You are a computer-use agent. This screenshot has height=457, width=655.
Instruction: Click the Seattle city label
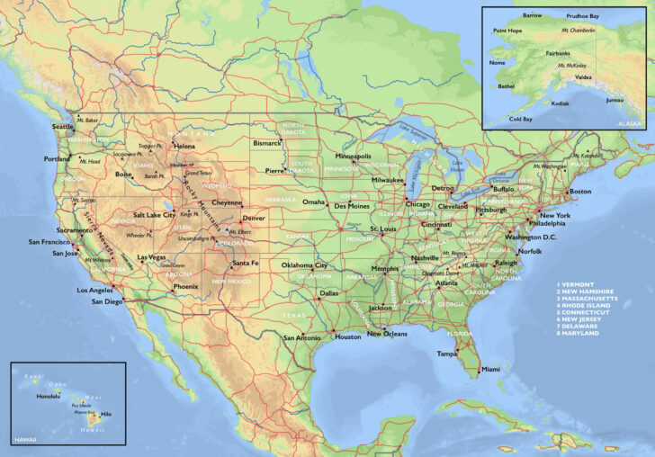(x=63, y=127)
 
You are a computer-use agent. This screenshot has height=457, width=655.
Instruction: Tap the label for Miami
(x=490, y=369)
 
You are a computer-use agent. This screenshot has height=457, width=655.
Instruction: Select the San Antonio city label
(x=302, y=337)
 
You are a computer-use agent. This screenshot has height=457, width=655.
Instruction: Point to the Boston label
(x=580, y=191)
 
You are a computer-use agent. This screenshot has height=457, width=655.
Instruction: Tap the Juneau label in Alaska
(x=615, y=100)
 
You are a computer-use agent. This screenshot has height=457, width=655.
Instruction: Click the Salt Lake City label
(x=155, y=215)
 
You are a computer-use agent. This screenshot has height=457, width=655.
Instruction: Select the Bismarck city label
(x=267, y=142)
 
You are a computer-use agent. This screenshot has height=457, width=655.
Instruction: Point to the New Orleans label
(x=387, y=334)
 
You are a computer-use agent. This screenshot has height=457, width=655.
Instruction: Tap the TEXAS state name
(x=294, y=316)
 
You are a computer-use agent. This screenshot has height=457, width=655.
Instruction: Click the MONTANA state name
(x=192, y=134)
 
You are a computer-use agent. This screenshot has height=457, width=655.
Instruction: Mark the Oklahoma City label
(x=304, y=265)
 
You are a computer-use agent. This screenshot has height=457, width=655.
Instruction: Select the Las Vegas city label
(x=151, y=257)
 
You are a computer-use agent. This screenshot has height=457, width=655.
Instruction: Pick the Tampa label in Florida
(x=448, y=354)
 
